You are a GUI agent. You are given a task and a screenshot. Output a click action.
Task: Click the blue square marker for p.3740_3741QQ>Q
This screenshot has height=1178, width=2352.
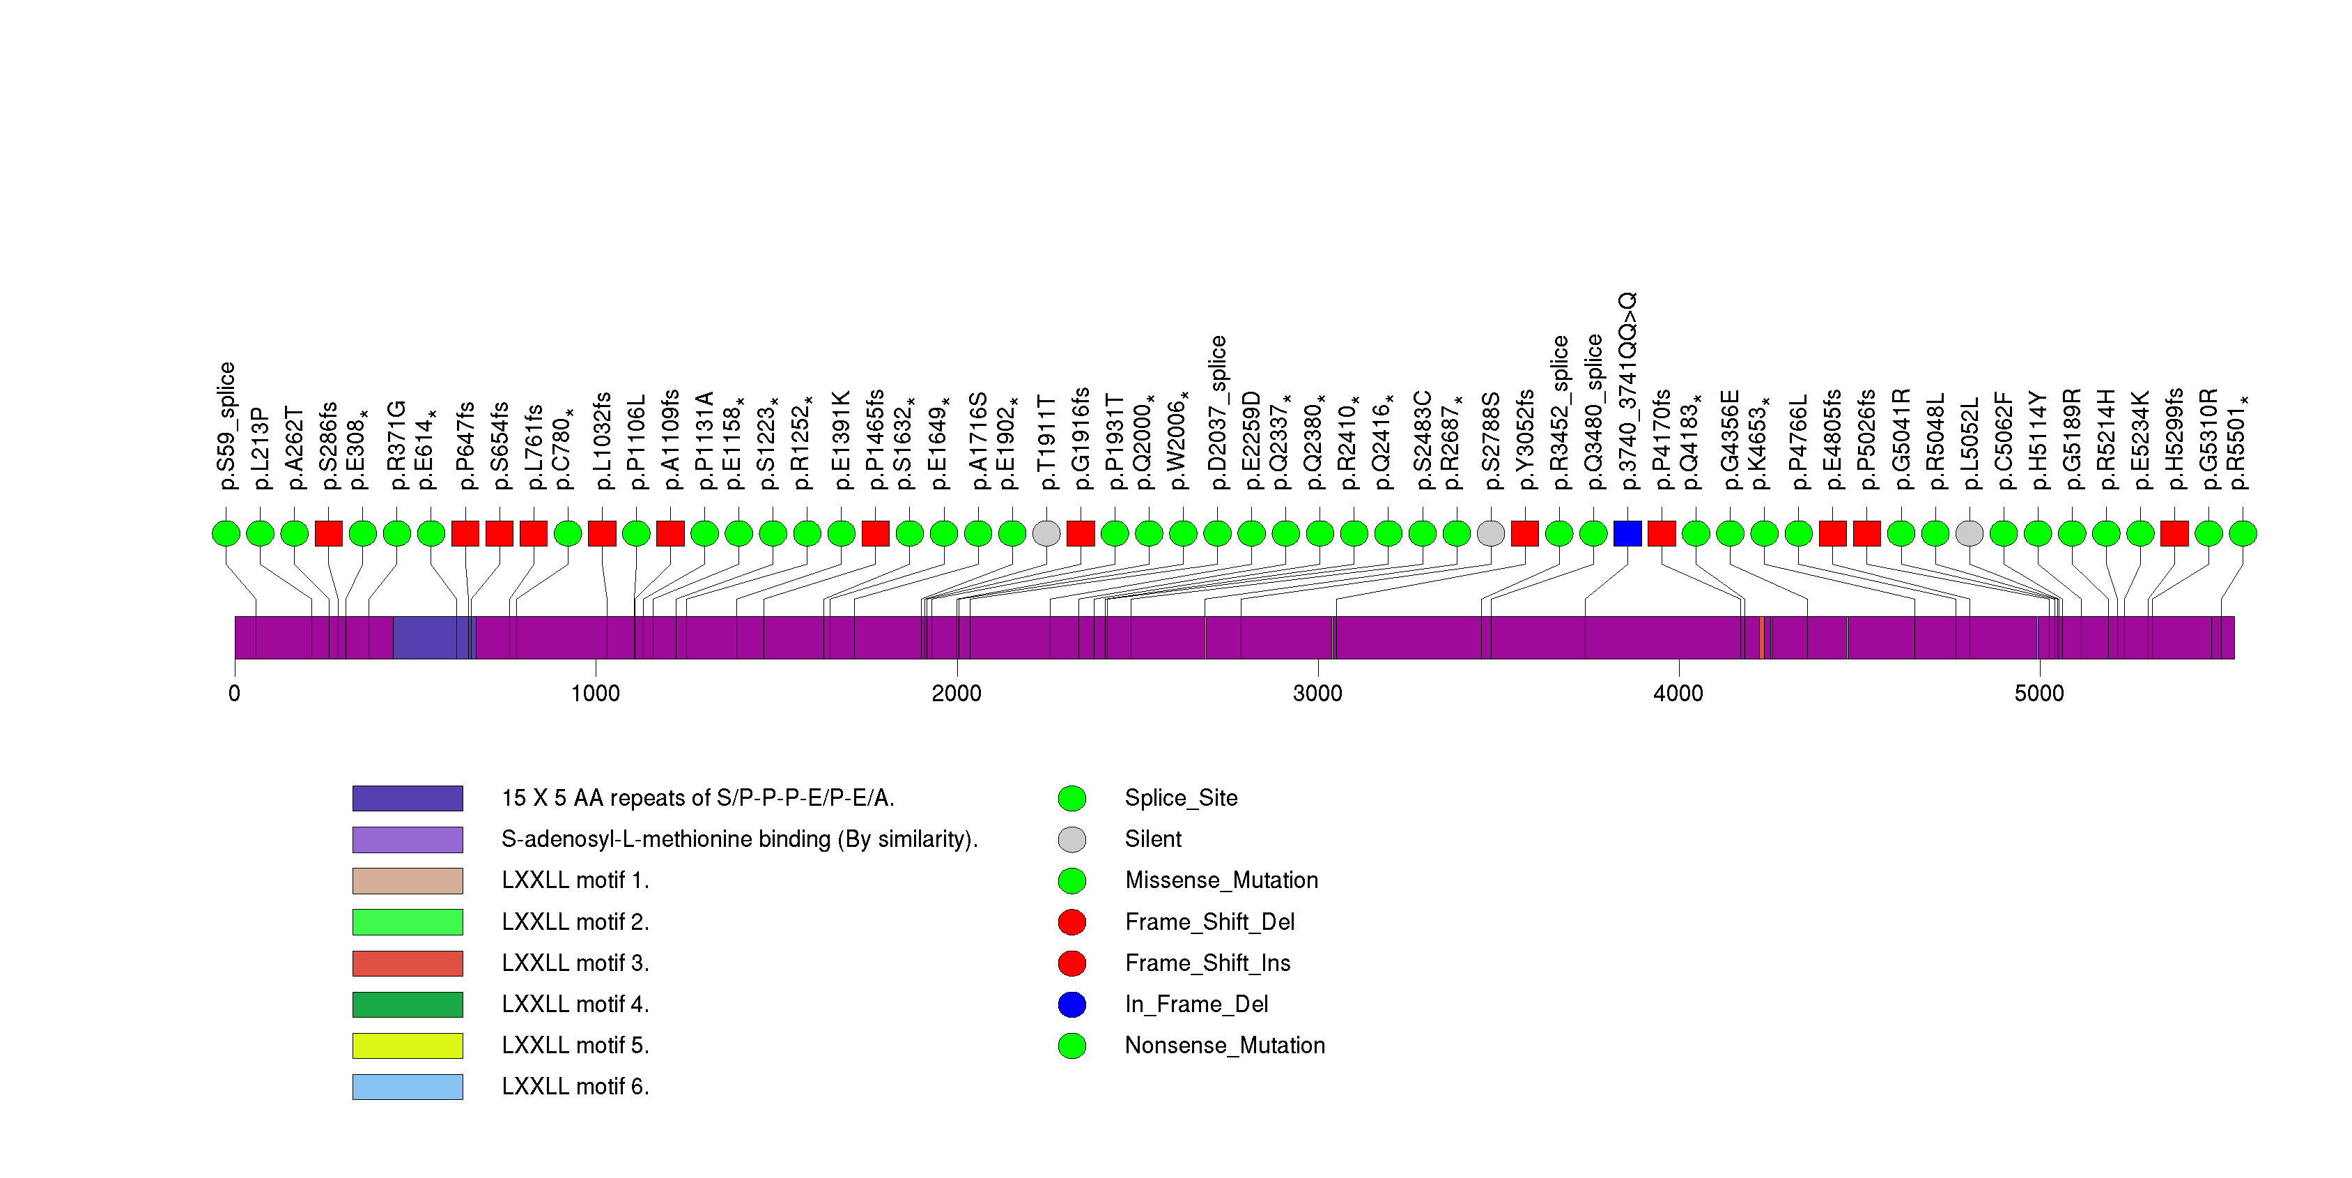(x=1627, y=533)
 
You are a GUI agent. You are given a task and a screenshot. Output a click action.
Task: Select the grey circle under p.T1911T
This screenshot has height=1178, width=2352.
(x=1046, y=533)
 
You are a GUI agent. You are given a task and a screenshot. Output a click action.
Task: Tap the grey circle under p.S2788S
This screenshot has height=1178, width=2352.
(x=1490, y=533)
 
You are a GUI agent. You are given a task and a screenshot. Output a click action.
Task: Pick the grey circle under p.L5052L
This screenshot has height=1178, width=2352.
(x=1970, y=533)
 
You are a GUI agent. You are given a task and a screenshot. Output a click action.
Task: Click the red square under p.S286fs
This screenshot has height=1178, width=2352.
(x=329, y=533)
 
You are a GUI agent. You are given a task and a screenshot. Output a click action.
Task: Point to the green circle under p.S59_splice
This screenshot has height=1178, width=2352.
(x=226, y=533)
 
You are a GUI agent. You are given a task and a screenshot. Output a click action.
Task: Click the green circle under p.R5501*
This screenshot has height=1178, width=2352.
(x=2243, y=533)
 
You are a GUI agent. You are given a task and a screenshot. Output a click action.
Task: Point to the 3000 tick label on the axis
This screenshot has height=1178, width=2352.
(x=1317, y=693)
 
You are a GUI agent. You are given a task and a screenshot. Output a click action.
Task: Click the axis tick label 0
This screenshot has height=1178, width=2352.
(x=235, y=693)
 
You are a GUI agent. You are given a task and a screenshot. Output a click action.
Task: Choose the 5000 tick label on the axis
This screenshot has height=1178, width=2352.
(x=2038, y=693)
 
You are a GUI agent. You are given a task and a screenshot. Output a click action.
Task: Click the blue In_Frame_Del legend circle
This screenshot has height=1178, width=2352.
(x=1072, y=1004)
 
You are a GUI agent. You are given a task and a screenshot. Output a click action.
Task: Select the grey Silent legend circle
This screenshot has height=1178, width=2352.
(x=1072, y=839)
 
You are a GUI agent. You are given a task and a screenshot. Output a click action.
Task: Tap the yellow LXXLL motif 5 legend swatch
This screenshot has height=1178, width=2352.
(x=408, y=1046)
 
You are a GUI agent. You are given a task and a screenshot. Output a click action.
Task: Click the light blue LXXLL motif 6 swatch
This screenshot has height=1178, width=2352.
(x=408, y=1087)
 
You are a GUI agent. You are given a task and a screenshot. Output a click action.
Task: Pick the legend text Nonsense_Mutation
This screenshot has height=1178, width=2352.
(x=1224, y=1046)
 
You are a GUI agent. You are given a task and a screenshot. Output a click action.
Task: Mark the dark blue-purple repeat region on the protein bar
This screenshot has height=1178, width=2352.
(x=429, y=637)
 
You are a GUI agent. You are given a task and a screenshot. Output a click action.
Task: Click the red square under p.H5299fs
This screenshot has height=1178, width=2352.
(x=2174, y=533)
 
